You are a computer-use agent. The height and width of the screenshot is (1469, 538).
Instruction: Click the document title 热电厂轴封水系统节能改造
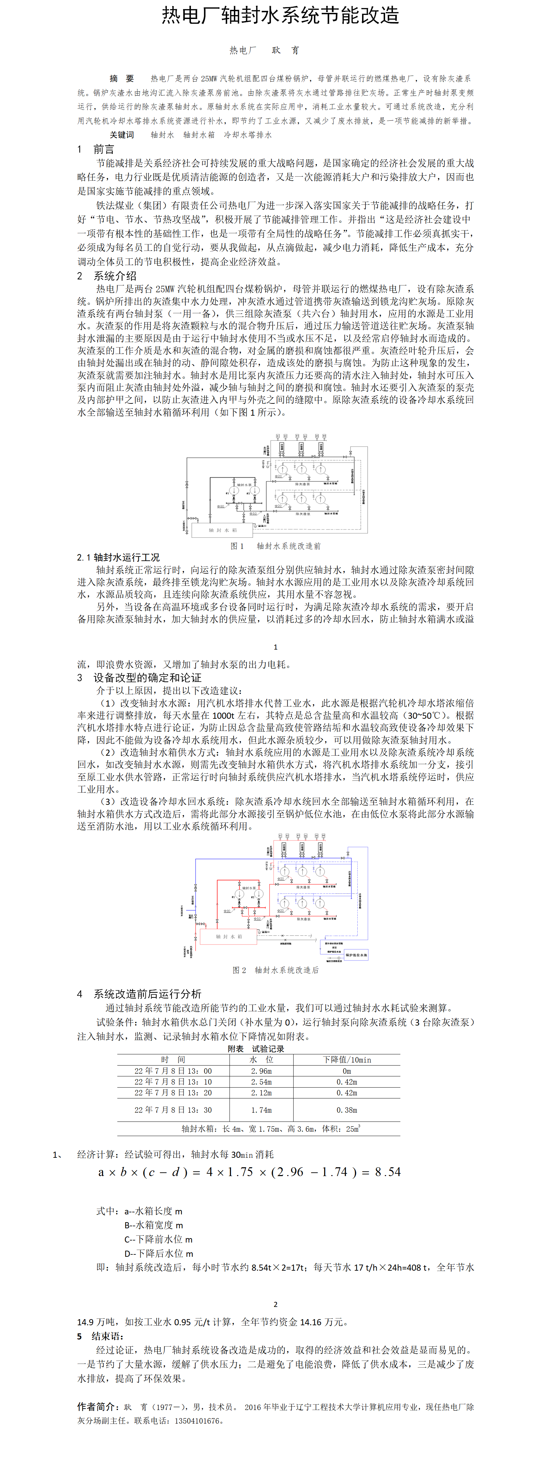280,15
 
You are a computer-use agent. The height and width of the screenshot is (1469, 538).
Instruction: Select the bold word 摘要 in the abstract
121,79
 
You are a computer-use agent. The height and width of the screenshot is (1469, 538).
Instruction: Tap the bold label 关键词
121,135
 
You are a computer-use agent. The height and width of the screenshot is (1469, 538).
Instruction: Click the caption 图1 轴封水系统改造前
276,546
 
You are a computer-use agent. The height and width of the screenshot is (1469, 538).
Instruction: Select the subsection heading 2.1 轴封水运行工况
118,557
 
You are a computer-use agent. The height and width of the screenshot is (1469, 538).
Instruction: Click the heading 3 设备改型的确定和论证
139,677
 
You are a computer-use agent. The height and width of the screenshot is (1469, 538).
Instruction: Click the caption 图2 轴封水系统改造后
276,970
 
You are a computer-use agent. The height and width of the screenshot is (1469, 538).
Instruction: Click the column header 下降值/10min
347,1059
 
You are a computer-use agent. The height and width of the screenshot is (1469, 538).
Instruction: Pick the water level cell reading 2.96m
261,1071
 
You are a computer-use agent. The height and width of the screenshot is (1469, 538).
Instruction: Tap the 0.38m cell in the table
347,1110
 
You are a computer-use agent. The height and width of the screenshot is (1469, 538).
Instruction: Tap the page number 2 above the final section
276,1304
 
